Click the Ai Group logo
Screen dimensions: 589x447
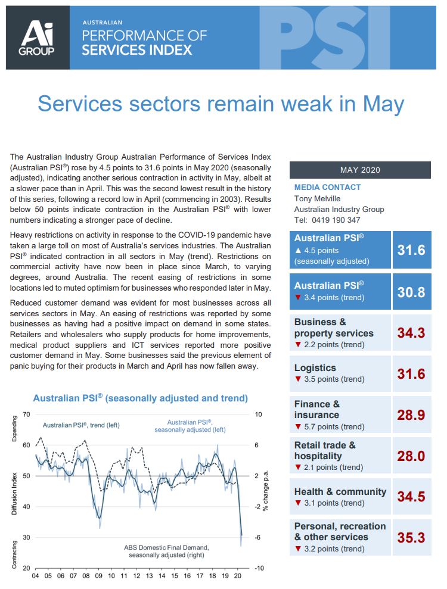pos(38,38)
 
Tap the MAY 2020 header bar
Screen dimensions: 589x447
pos(360,170)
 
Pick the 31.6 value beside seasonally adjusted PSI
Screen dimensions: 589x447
pos(411,250)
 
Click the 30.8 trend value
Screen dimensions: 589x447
pos(411,292)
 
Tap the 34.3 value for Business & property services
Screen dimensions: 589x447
pos(411,333)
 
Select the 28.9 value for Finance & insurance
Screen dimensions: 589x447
pos(411,415)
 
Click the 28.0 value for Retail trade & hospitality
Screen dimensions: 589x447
pos(411,456)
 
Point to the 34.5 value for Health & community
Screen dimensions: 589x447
pos(411,497)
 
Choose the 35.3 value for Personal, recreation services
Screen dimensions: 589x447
pos(411,537)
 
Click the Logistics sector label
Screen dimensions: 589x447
pos(315,368)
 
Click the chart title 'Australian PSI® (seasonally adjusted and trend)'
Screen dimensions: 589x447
pos(140,398)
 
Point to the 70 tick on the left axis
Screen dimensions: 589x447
pos(26,414)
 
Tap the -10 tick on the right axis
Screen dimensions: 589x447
pos(259,568)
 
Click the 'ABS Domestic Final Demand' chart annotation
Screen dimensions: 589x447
pos(166,547)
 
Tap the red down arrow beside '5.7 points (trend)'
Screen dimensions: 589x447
pos(298,426)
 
